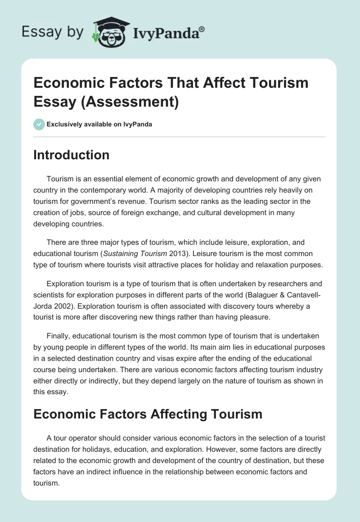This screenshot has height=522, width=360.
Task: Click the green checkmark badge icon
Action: (39, 124)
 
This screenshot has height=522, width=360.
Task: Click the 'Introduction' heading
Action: (72, 155)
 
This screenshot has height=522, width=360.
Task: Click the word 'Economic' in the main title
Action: (72, 83)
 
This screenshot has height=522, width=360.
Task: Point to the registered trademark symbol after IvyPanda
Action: (202, 28)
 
